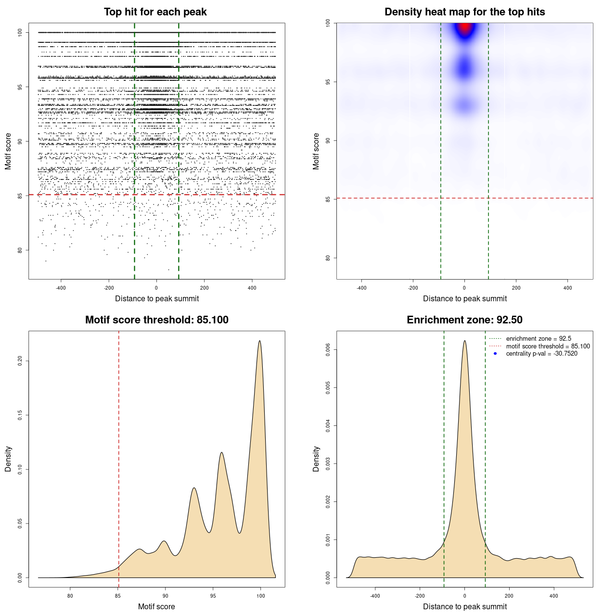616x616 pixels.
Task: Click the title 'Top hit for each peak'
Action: point(155,12)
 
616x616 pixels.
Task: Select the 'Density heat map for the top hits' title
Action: point(464,12)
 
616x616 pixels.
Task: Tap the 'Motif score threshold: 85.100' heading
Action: point(156,320)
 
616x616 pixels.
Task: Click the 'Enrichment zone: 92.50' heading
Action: point(464,320)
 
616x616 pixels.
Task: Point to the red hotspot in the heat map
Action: point(464,28)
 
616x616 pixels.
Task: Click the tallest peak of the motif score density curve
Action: point(260,341)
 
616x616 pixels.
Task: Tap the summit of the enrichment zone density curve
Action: point(464,341)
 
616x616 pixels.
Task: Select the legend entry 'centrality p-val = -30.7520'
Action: point(541,354)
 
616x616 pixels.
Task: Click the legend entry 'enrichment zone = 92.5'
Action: point(539,339)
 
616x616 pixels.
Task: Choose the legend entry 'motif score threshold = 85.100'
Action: point(548,346)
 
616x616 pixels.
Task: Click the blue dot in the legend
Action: point(495,354)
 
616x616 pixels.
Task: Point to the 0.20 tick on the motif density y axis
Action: point(20,361)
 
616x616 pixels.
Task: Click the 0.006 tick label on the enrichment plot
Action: point(328,349)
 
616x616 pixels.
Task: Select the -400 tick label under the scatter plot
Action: point(61,288)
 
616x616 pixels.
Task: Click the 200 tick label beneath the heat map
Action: point(516,288)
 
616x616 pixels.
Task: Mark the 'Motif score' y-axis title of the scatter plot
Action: point(8,151)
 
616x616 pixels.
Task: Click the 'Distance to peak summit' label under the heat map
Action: point(464,299)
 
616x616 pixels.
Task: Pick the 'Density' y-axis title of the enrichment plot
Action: point(316,459)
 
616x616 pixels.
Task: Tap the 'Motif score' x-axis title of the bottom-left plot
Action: point(156,606)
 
